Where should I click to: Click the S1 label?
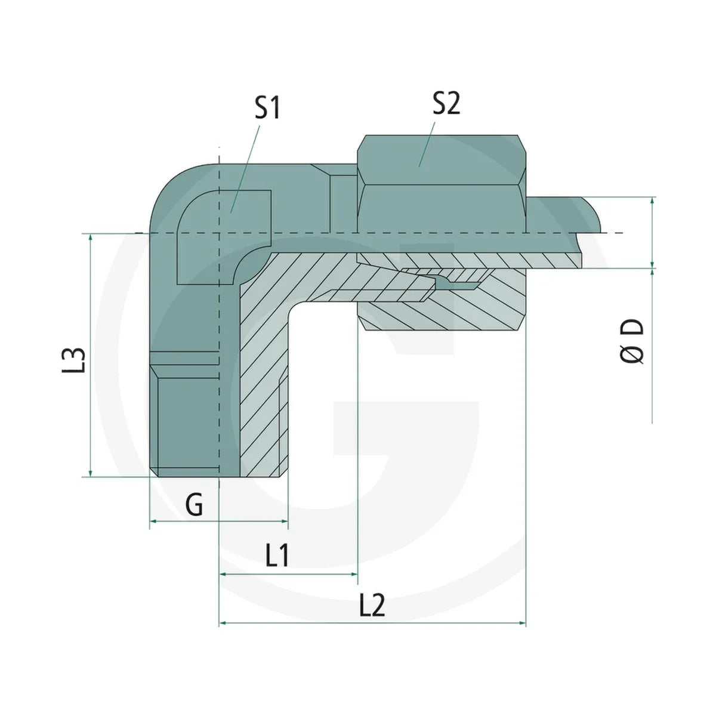pos(267,107)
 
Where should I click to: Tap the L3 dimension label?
pos(73,360)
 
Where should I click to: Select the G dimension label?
pos(194,505)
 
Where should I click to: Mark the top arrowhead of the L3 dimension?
pos(91,238)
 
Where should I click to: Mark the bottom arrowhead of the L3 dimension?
pos(91,472)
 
